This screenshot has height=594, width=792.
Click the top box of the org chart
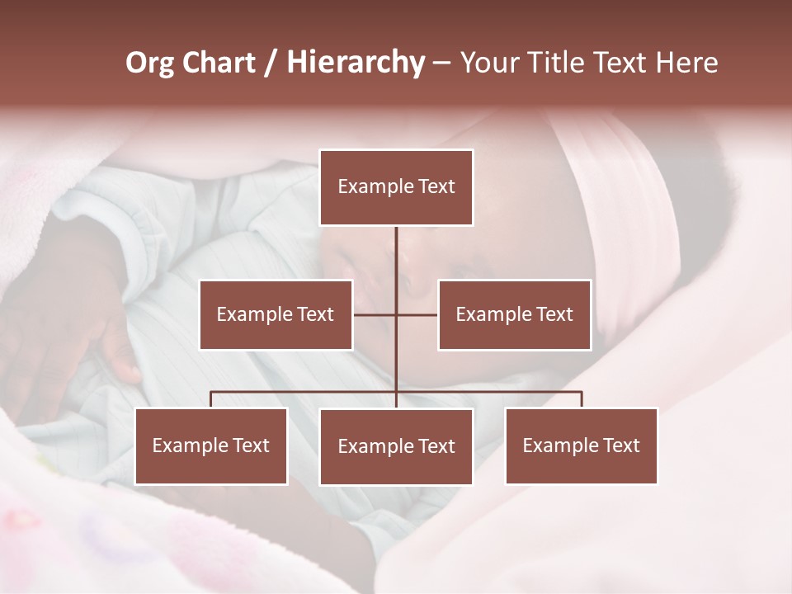[396, 187]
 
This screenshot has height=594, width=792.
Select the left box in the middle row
[276, 314]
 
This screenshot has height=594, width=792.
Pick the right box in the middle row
[514, 314]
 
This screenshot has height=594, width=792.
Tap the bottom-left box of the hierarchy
[211, 445]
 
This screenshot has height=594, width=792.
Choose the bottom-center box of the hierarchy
[396, 446]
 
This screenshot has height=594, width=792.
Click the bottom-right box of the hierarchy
[581, 445]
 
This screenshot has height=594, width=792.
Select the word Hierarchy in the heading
[356, 63]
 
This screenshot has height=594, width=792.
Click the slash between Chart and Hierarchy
[271, 63]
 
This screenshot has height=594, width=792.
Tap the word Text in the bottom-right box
[620, 445]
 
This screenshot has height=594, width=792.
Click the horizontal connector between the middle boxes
[375, 314]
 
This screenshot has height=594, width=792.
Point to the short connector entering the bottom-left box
[211, 399]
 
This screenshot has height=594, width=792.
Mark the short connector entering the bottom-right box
[582, 399]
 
